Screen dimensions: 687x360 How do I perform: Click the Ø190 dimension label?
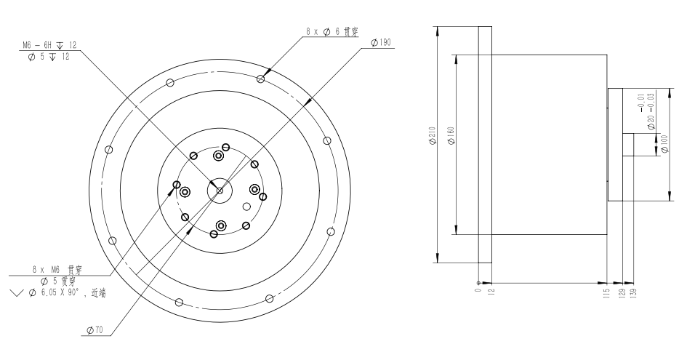tap(380, 42)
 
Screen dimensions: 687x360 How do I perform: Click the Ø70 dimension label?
tap(95, 330)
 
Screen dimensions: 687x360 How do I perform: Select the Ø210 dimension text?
tap(432, 137)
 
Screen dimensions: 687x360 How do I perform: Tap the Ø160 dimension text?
tap(451, 135)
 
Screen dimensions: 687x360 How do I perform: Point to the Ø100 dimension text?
tap(664, 144)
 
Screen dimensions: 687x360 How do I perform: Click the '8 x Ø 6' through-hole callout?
tap(332, 31)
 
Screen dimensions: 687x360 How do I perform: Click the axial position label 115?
tap(607, 293)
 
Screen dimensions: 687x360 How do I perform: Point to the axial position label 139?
tap(633, 293)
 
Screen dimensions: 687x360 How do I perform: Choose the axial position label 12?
tap(491, 291)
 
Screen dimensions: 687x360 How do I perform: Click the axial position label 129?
tap(622, 293)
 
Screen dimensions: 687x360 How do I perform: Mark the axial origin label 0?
tap(478, 289)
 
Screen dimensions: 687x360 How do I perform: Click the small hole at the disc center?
tap(220, 191)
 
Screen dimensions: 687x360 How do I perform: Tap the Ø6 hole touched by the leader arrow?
tap(261, 79)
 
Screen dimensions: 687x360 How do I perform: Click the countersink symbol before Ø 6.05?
tap(17, 293)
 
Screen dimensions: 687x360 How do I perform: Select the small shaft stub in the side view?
tap(628, 145)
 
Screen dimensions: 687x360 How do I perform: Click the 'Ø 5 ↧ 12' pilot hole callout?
tap(48, 57)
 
